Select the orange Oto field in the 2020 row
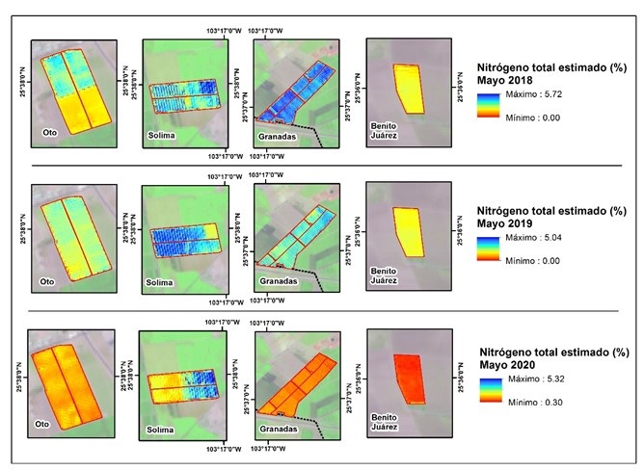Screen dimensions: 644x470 66,380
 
